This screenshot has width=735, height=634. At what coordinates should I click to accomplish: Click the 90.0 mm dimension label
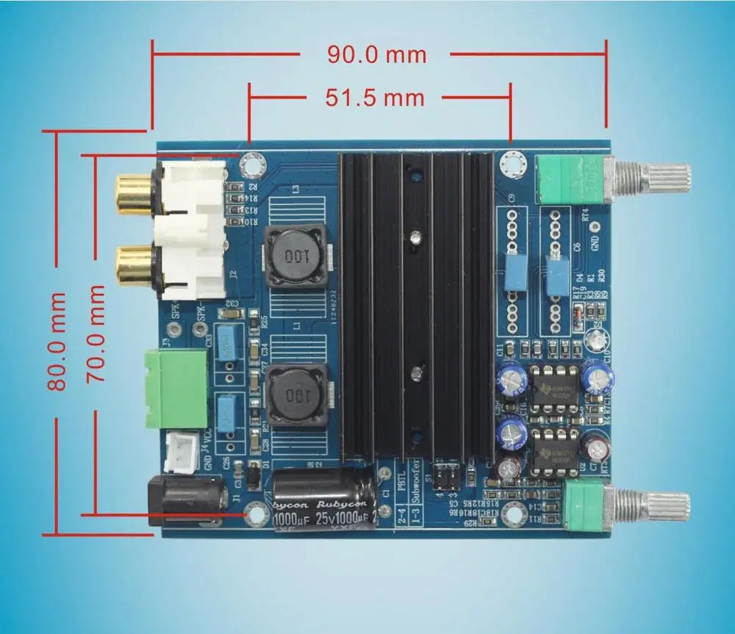point(377,54)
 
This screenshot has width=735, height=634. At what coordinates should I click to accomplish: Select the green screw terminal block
point(176,387)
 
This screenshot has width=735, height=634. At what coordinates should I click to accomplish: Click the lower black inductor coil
point(295,396)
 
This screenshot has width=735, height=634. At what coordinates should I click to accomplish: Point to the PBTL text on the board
point(401,478)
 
